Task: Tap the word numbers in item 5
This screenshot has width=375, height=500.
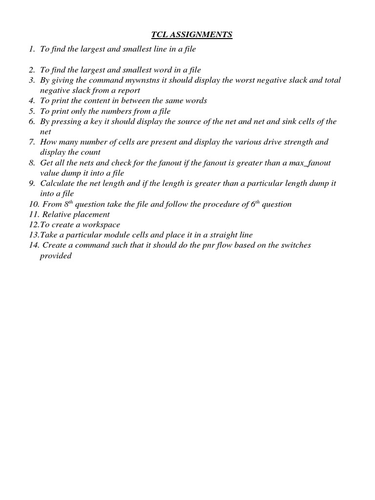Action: click(x=116, y=111)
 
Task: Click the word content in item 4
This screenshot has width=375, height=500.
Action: click(x=92, y=101)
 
